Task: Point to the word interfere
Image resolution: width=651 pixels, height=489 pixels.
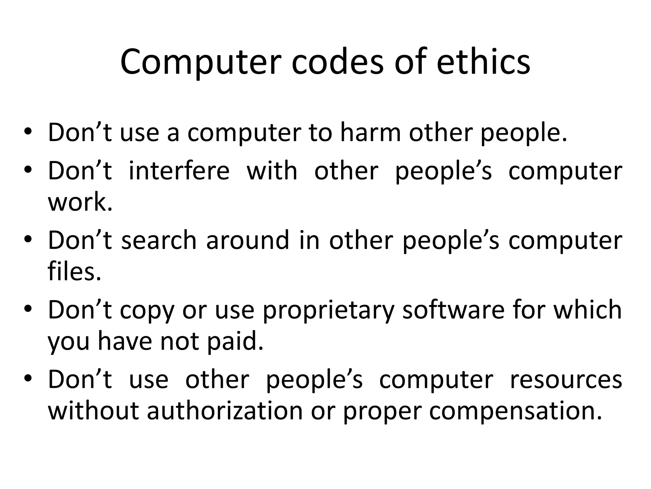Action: pos(179,171)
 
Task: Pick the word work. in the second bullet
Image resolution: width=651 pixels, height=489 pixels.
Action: pos(80,202)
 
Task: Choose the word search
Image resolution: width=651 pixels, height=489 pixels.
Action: pos(159,240)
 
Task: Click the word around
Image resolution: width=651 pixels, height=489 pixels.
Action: pos(248,240)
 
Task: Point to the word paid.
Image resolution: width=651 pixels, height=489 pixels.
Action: pos(235,341)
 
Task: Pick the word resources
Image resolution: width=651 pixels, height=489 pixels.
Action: pos(566,379)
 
